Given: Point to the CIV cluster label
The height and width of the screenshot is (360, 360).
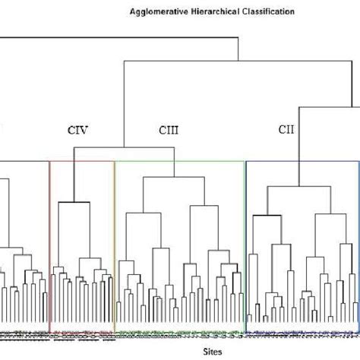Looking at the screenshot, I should [x=78, y=130].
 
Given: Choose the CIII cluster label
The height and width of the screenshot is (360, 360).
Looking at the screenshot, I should [x=169, y=130].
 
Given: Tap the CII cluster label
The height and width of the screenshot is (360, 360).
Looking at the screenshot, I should [x=286, y=130].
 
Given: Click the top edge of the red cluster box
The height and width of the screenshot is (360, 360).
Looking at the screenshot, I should [x=81, y=161].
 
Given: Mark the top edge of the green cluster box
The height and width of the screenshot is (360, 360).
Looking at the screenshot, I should [x=179, y=161].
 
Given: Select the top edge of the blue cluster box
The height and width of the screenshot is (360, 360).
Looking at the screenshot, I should [x=301, y=161].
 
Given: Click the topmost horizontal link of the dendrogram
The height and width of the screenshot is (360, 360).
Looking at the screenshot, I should [x=114, y=37].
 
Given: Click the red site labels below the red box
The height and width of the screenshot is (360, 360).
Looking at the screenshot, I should [x=81, y=333].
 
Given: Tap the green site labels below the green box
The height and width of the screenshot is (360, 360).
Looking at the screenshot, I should [x=179, y=333].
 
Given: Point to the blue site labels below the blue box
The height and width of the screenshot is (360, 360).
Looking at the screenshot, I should [x=301, y=333].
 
